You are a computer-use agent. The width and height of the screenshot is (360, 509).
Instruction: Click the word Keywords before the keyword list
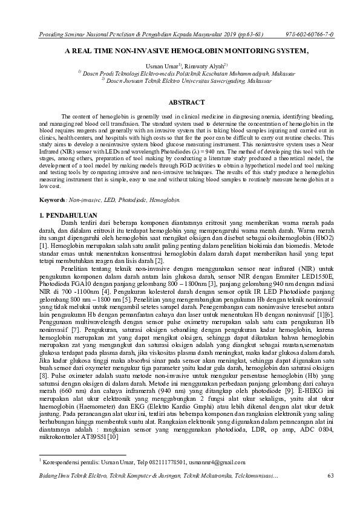coord(52,198)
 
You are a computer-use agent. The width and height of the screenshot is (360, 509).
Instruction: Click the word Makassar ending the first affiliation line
coord(252,71)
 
